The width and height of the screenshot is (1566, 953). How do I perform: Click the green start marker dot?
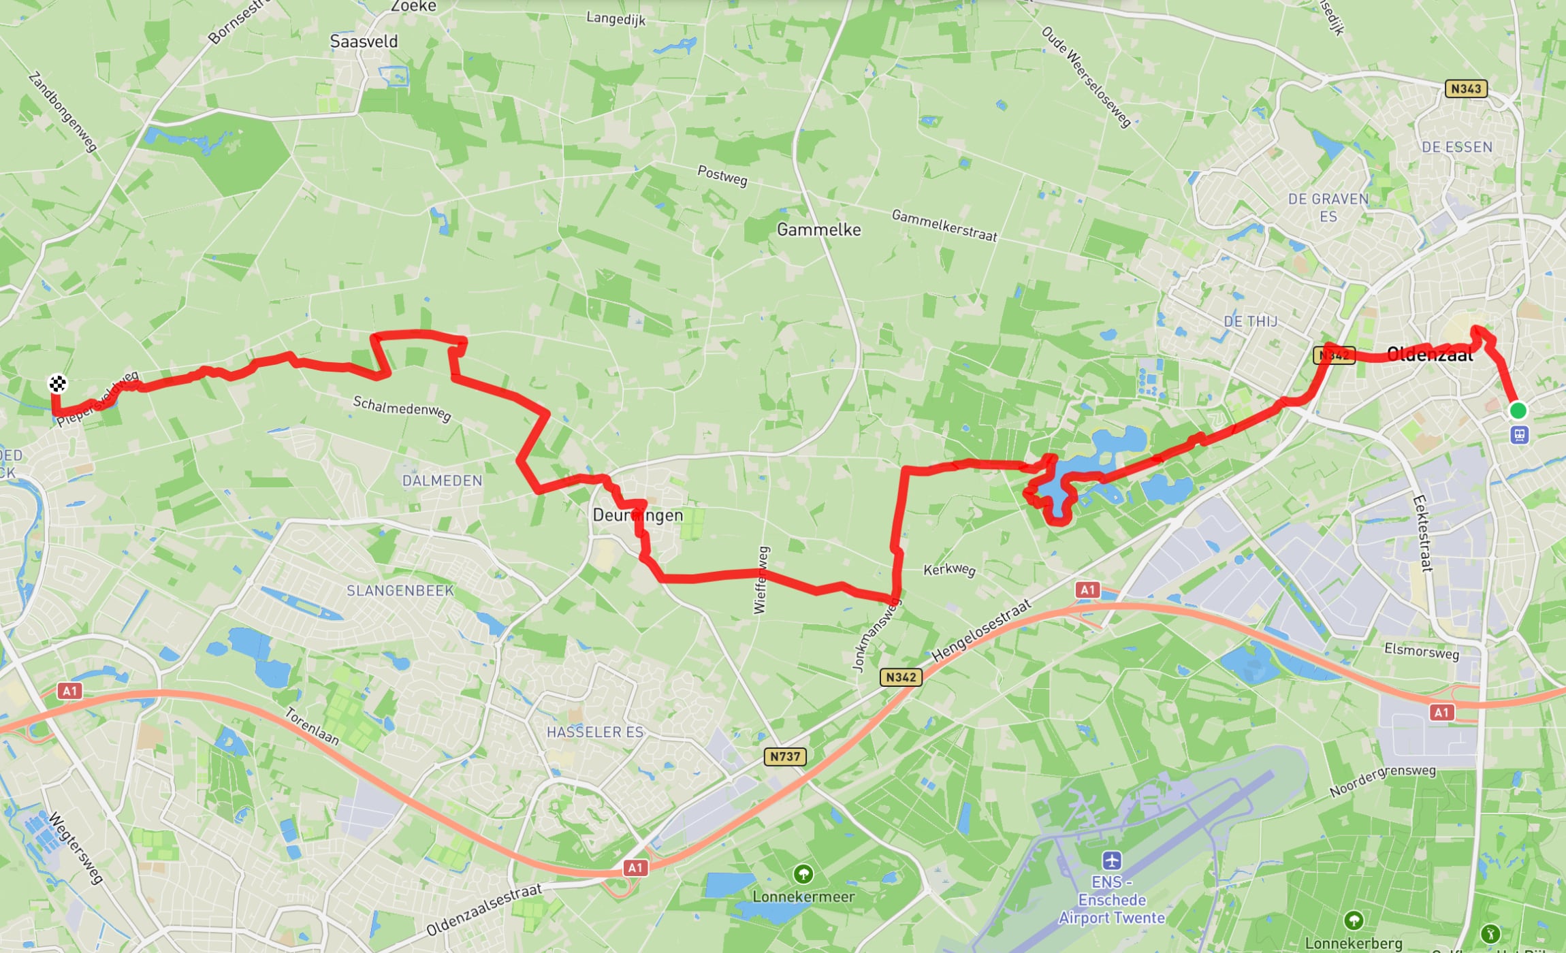point(1518,410)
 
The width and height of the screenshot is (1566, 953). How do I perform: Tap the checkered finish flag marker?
point(58,384)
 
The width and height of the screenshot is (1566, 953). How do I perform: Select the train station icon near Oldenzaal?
point(1520,434)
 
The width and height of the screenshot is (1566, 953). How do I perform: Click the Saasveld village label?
point(364,42)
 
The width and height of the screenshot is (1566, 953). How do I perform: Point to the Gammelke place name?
point(818,230)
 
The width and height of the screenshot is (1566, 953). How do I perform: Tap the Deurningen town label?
point(637,515)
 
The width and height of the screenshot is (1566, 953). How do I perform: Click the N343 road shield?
point(1466,88)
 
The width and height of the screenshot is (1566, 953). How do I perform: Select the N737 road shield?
point(785,756)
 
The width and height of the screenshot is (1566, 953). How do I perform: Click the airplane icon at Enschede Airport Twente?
point(1112,860)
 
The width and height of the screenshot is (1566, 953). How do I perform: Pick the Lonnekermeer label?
point(803,897)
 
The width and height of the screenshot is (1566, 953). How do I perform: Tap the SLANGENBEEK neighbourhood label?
point(400,591)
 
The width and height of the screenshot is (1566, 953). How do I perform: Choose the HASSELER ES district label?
point(594,732)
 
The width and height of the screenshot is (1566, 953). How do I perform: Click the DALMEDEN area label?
point(442,481)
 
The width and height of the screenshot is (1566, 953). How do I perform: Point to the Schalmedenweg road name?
point(402,408)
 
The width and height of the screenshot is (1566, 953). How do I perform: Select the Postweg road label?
point(722,176)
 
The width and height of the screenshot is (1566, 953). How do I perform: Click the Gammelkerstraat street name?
point(944,225)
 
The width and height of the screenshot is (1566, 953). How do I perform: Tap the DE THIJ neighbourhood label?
point(1250,321)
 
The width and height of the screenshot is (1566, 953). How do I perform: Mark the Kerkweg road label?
point(949,569)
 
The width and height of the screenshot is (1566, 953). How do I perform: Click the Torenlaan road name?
point(311,726)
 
